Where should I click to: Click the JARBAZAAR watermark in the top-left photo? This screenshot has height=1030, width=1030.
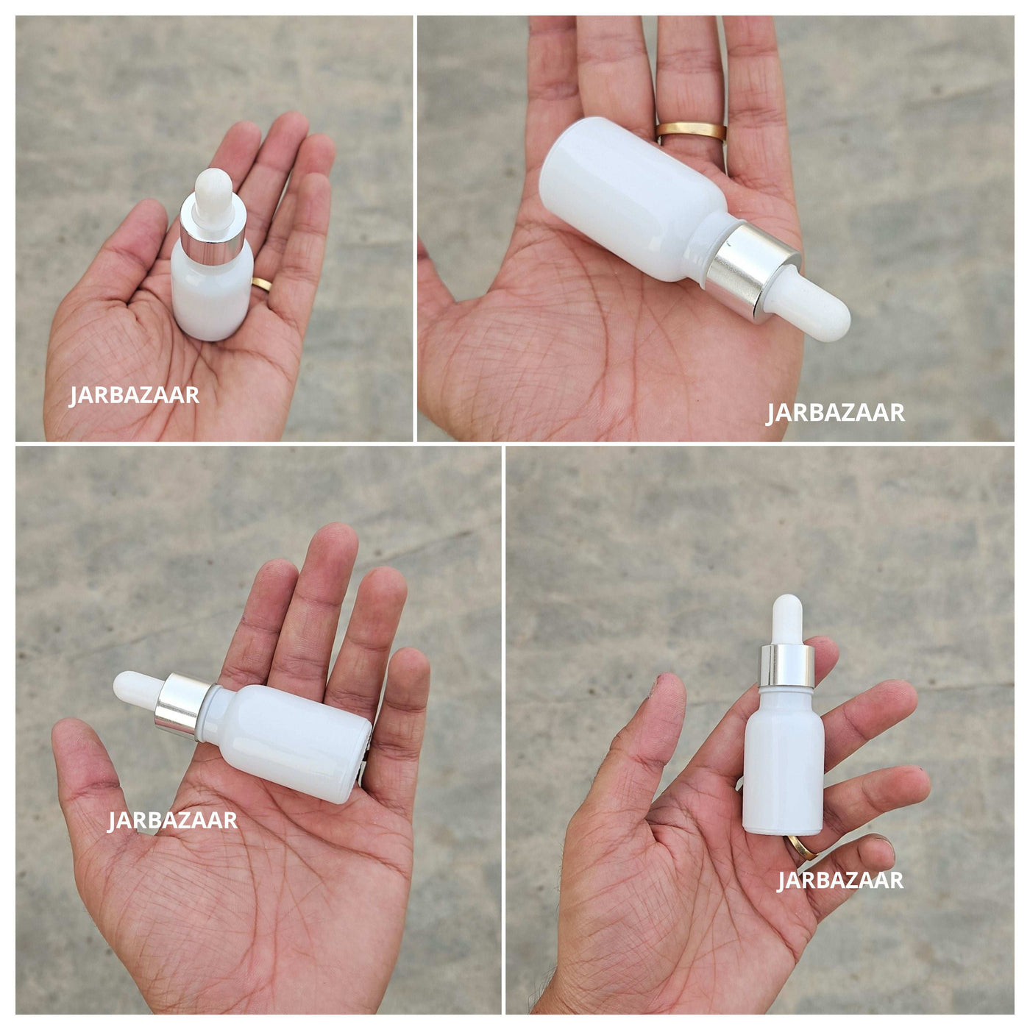(134, 396)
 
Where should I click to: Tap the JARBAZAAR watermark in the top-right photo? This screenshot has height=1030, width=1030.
(836, 413)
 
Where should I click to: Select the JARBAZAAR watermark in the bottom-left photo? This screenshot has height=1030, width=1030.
(172, 820)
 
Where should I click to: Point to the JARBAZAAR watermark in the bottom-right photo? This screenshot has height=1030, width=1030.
(839, 881)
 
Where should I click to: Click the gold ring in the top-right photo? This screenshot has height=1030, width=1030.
(691, 131)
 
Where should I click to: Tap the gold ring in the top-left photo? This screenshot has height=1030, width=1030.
(261, 284)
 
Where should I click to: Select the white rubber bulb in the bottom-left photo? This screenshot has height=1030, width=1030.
(139, 691)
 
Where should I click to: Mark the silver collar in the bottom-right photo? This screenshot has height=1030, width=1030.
(787, 666)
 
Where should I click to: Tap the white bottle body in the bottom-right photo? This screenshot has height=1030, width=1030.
(784, 759)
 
